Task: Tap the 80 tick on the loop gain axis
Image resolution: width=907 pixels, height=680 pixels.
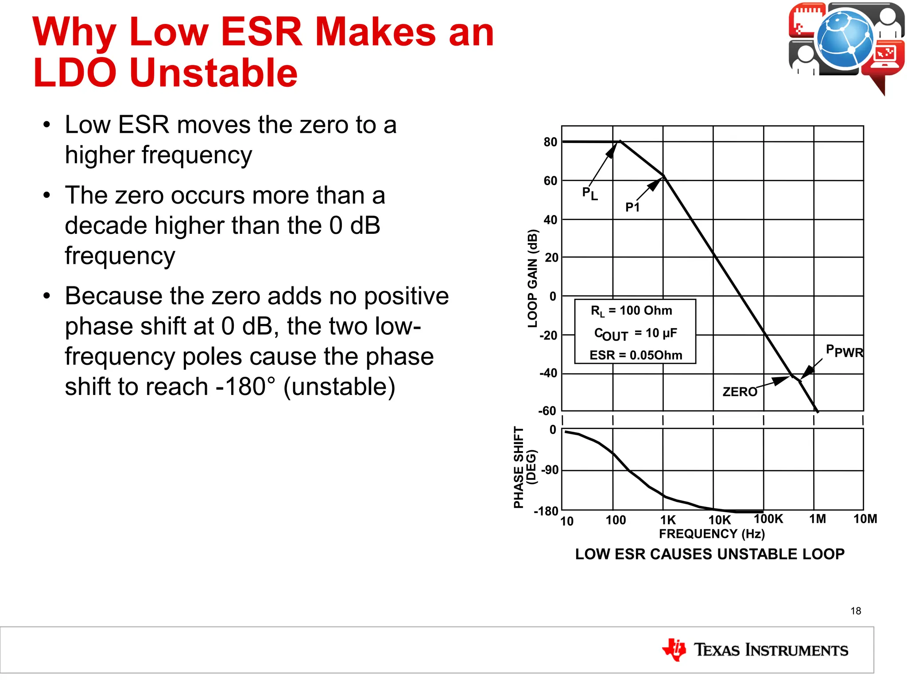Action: click(x=550, y=142)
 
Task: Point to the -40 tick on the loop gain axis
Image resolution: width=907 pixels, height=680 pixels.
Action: click(x=548, y=373)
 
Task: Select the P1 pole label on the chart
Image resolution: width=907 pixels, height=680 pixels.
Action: click(x=632, y=207)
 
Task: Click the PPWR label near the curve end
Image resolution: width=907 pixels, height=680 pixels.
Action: click(x=845, y=352)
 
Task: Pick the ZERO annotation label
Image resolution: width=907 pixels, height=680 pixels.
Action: click(x=740, y=392)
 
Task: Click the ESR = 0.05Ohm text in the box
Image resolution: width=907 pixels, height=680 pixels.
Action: click(x=636, y=355)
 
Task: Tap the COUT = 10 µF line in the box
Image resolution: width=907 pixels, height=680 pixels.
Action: click(x=636, y=333)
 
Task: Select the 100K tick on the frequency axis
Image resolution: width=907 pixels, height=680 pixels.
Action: click(x=768, y=519)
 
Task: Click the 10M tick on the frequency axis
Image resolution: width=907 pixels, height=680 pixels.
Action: click(x=865, y=519)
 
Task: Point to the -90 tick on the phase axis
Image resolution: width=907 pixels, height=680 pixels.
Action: click(x=550, y=470)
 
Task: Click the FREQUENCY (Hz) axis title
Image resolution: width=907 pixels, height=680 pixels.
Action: click(x=712, y=534)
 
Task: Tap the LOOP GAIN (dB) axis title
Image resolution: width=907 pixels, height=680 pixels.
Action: click(x=533, y=278)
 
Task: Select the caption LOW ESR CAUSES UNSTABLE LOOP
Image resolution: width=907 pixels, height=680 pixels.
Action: click(x=709, y=554)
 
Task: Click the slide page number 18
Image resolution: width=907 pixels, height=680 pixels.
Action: click(x=856, y=611)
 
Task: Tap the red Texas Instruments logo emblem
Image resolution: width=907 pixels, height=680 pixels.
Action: click(x=674, y=649)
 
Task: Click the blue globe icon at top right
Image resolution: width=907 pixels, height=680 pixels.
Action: click(x=845, y=40)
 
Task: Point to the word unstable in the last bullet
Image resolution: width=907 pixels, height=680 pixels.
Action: click(x=339, y=386)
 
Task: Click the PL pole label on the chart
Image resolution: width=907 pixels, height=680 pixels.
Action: click(x=589, y=193)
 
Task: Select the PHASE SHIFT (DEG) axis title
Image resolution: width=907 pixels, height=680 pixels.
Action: click(x=525, y=467)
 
